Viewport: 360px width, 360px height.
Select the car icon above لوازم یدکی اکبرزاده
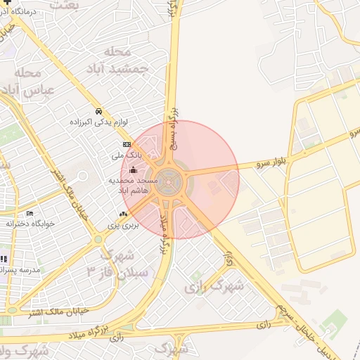(x=98, y=111)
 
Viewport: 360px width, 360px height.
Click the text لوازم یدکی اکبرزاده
(x=98, y=122)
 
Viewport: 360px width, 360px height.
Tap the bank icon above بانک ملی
(x=127, y=144)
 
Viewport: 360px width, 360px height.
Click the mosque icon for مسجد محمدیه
(x=133, y=170)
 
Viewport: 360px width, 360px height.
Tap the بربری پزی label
(x=123, y=225)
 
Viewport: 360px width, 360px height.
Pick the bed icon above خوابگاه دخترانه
(x=30, y=213)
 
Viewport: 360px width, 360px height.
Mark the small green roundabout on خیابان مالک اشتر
(x=98, y=240)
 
